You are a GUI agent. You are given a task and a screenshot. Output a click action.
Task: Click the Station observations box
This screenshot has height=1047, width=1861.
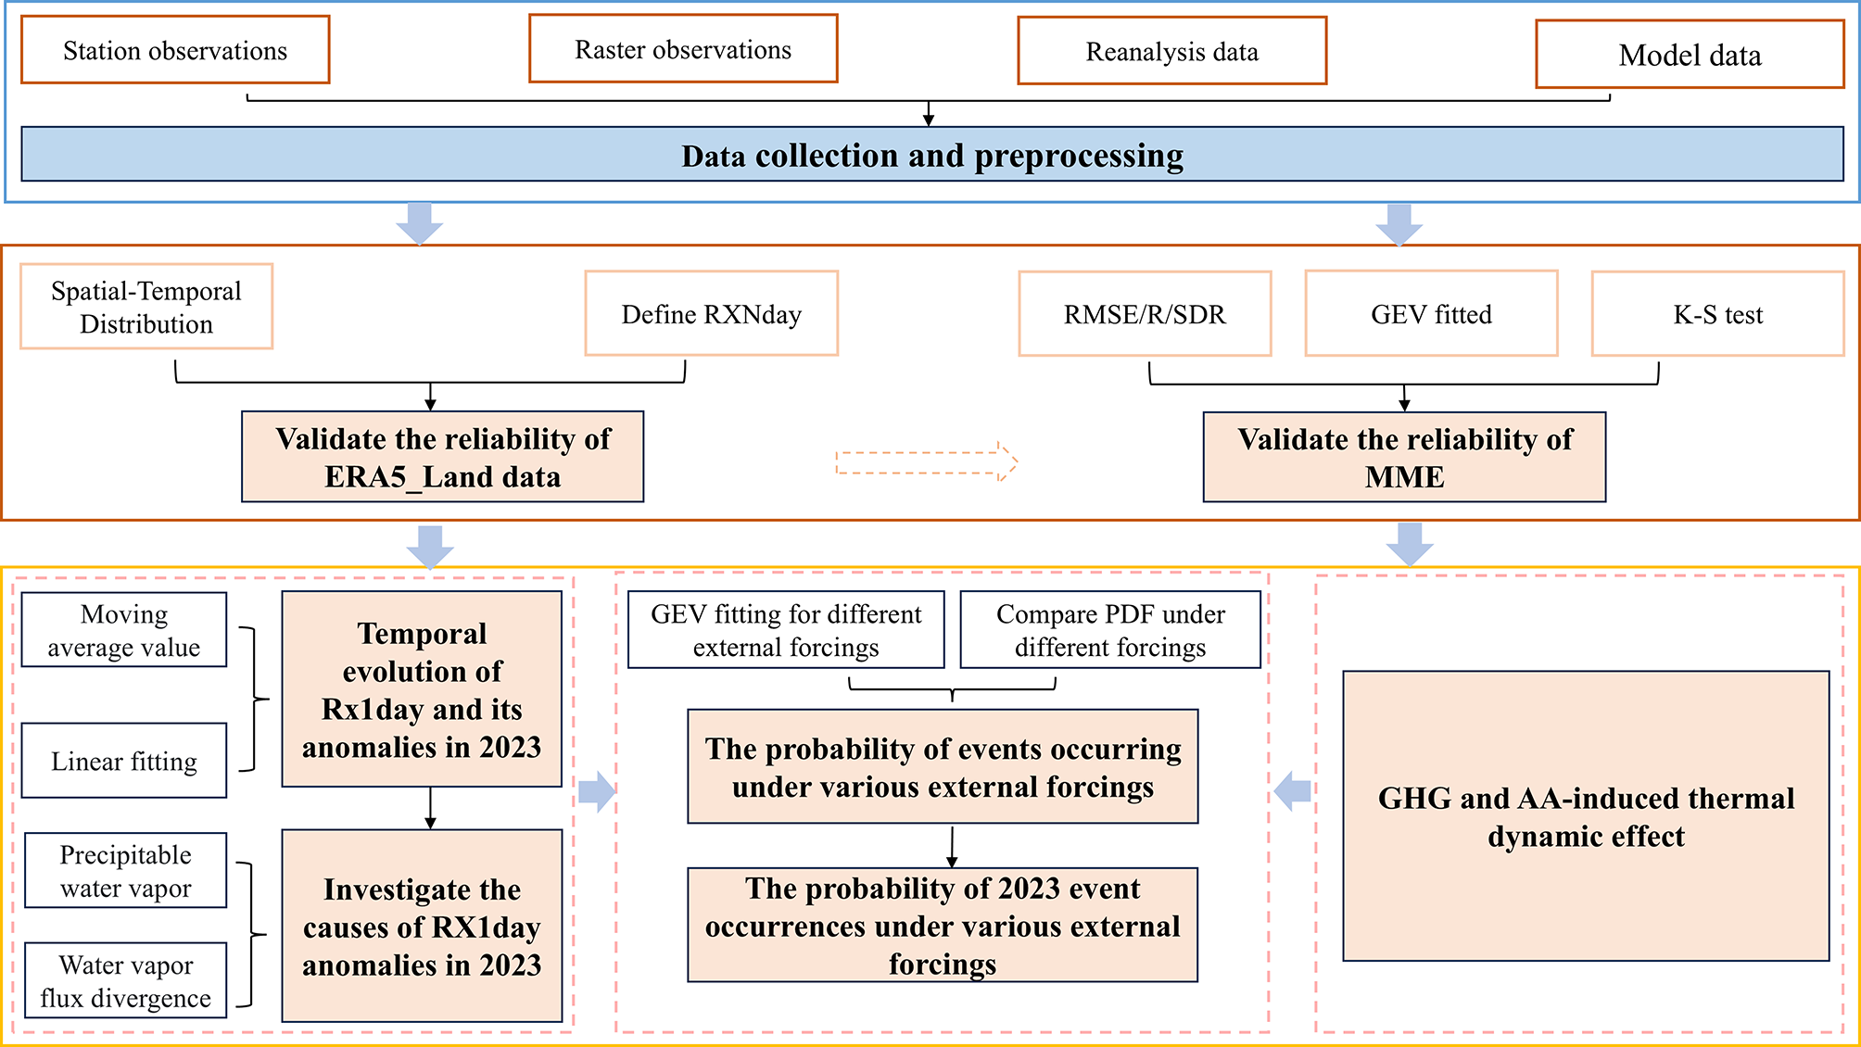175,50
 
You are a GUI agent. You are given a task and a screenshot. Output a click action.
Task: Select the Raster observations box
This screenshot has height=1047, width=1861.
683,49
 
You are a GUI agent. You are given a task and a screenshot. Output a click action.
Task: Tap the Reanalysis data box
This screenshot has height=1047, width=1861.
1172,51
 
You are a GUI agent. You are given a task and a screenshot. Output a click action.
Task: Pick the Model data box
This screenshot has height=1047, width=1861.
1690,55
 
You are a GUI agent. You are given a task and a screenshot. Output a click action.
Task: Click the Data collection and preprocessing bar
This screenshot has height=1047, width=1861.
931,155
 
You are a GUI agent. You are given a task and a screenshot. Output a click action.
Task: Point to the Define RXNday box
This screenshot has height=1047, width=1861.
711,314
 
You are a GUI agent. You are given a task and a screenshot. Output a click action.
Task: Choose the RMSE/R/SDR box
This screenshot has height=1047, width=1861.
1145,314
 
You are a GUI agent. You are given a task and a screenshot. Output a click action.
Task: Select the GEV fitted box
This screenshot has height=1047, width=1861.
1431,314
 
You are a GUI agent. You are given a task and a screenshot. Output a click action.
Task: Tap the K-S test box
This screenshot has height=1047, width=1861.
1717,314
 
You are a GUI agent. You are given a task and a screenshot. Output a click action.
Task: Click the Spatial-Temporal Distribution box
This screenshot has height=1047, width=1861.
146,307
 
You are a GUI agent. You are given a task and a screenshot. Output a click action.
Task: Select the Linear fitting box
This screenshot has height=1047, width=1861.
124,761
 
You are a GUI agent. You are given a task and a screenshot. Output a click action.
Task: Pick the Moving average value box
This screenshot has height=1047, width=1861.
124,630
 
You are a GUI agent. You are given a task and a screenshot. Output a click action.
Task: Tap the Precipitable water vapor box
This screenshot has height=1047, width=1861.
125,871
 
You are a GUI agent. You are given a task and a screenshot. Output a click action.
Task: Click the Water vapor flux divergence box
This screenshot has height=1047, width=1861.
125,981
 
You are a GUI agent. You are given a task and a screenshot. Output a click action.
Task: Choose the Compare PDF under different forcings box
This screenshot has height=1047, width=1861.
1110,630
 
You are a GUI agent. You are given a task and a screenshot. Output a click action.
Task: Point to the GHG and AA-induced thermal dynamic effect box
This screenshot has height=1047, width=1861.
1586,816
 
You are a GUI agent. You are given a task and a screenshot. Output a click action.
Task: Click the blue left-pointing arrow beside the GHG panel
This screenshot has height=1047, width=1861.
1293,790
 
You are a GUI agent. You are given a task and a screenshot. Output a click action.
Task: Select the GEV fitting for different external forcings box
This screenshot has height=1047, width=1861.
786,630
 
